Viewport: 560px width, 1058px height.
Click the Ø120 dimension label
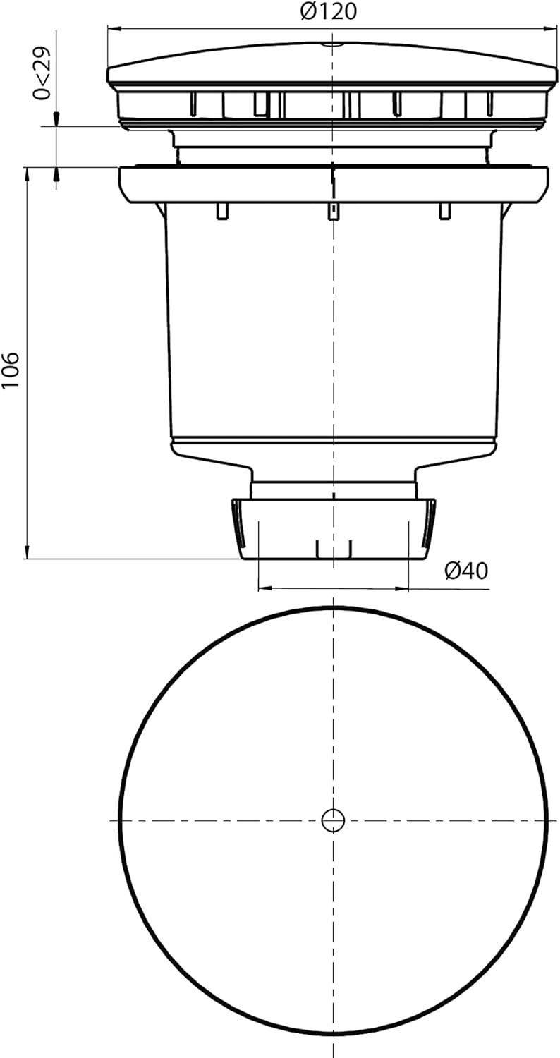coord(328,11)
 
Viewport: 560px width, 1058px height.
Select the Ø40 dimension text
coord(466,571)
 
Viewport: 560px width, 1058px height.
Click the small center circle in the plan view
coord(333,820)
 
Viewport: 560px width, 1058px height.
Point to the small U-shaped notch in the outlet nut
coord(334,549)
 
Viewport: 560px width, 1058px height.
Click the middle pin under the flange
coord(332,210)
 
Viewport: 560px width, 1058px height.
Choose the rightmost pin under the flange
coord(444,210)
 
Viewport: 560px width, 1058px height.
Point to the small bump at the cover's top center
coord(332,44)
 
